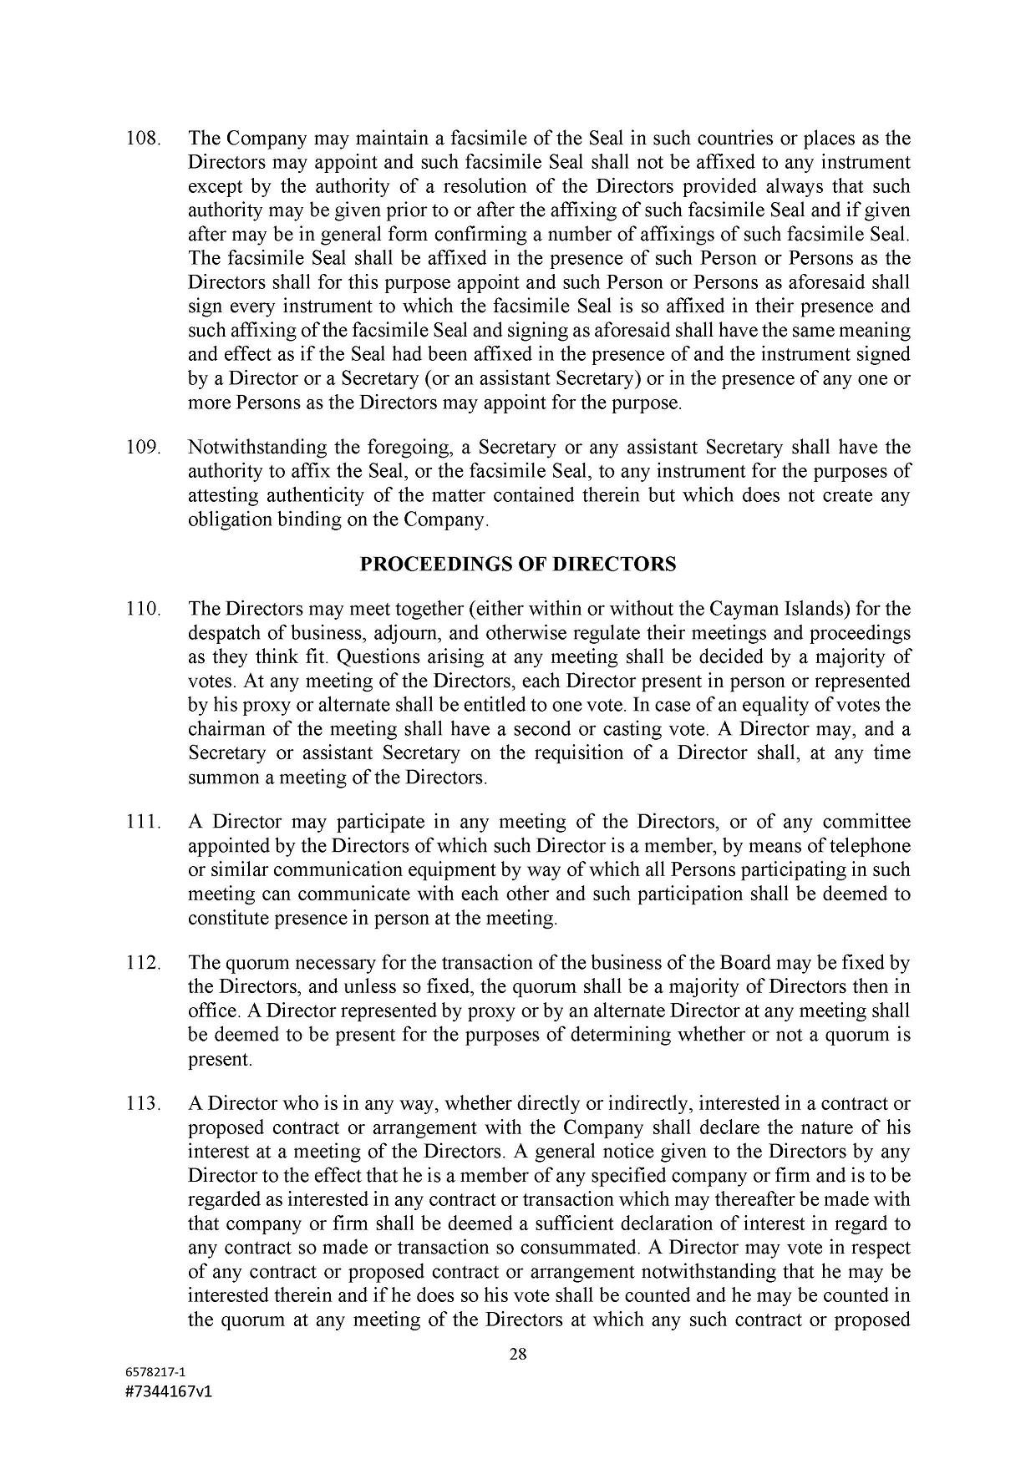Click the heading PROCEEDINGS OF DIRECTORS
[517, 565]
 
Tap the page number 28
[518, 1355]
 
